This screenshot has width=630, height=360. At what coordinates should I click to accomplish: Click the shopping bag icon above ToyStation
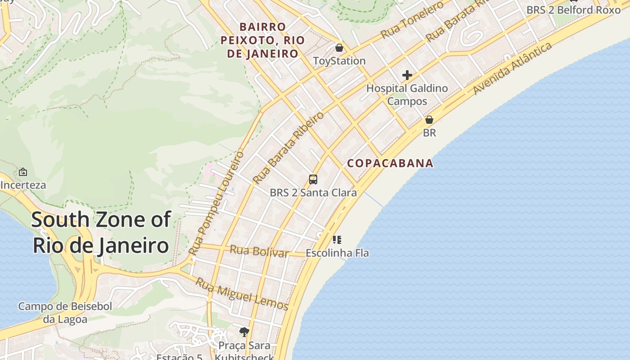point(339,47)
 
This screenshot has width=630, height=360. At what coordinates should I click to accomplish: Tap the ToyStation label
point(339,61)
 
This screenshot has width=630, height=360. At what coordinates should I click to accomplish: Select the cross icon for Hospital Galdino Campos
point(407,75)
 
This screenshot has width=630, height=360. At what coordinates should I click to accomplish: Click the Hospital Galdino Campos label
point(407,94)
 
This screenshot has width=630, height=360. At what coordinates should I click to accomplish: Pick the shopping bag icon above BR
point(429,120)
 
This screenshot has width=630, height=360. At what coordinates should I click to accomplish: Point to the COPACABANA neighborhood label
point(390,163)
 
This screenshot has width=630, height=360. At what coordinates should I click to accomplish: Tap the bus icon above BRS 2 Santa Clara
point(313,180)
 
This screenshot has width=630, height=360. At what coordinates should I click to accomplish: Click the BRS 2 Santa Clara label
point(313,193)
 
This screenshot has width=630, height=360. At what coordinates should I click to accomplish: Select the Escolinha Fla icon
point(337,239)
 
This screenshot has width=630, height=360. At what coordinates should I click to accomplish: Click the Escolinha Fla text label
point(337,253)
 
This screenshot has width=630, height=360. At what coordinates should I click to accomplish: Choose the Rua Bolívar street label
point(259,251)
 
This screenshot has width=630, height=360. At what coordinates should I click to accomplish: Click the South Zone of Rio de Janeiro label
point(101,233)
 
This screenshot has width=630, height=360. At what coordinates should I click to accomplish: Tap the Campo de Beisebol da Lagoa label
point(65,313)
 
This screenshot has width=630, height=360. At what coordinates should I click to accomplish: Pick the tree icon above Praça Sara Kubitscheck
point(244,333)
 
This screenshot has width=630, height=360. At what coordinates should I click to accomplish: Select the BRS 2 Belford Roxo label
point(573,9)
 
